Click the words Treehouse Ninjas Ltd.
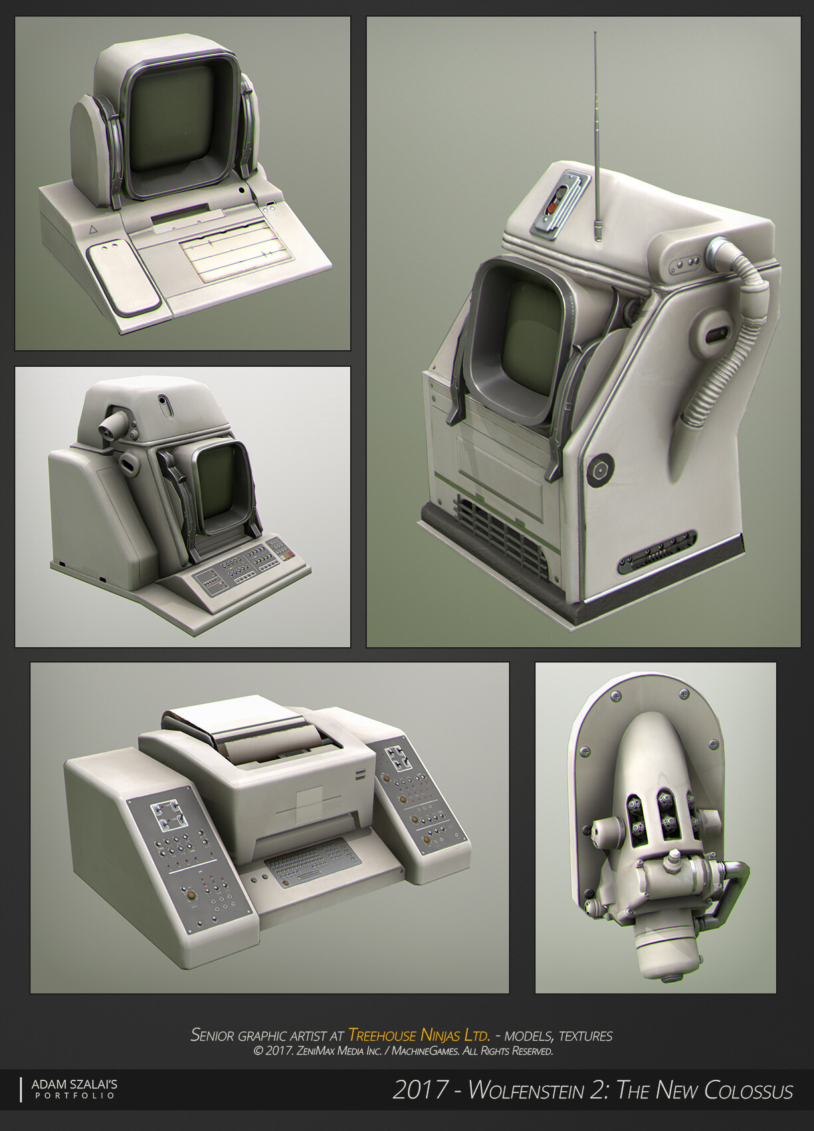coord(419,1035)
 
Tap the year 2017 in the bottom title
coord(420,1090)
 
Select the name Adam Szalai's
coord(74,1084)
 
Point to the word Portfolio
coord(74,1096)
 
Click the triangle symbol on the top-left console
coord(93,229)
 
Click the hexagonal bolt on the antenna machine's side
coord(600,470)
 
